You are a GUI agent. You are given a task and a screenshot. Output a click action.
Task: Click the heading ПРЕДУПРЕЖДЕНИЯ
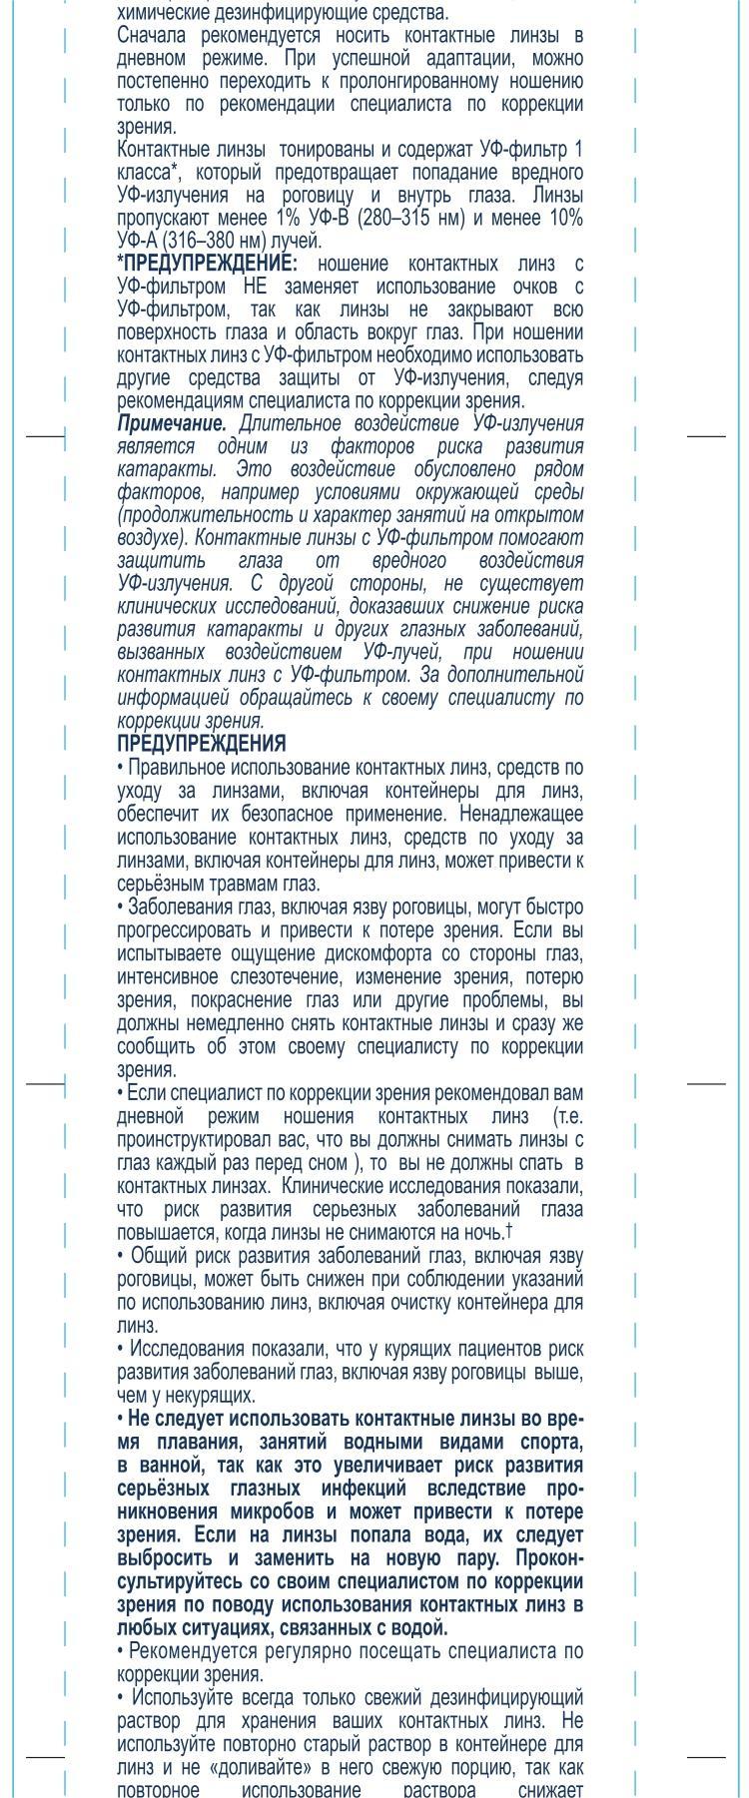click(x=201, y=744)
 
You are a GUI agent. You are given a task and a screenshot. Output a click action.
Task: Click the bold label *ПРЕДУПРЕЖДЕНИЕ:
click(x=207, y=264)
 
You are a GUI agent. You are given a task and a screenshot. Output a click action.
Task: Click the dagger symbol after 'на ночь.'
click(x=510, y=1230)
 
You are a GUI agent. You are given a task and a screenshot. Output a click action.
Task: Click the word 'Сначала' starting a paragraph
click(x=151, y=36)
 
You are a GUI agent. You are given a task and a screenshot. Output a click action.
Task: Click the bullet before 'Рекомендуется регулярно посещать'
click(x=121, y=1651)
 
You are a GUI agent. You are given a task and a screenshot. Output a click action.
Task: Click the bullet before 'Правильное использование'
click(x=121, y=768)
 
